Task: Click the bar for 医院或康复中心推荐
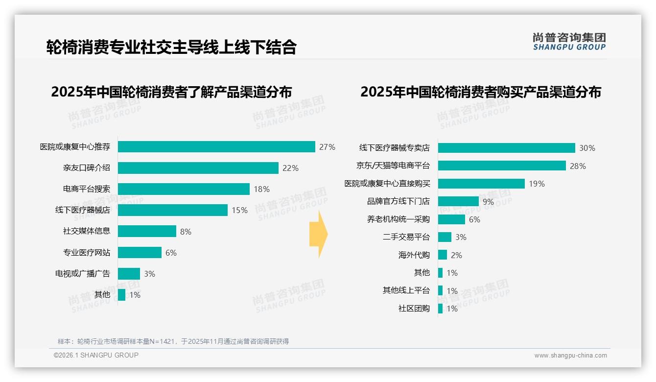[216, 147]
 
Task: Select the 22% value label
[290, 168]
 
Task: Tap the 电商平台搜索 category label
[86, 189]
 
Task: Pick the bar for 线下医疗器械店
[173, 210]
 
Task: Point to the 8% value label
[186, 232]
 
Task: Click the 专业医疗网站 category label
[86, 253]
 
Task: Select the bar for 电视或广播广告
[129, 274]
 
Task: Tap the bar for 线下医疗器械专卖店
[506, 148]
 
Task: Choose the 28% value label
[578, 166]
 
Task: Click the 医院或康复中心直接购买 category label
[387, 184]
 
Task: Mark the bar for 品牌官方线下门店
[458, 201]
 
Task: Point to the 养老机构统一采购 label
[398, 219]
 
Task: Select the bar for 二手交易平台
[445, 237]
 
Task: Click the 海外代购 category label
[414, 255]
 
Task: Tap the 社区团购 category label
[414, 309]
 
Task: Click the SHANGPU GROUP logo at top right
[569, 41]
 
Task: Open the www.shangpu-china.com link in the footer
[570, 356]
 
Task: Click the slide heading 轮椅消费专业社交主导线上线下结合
[171, 47]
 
